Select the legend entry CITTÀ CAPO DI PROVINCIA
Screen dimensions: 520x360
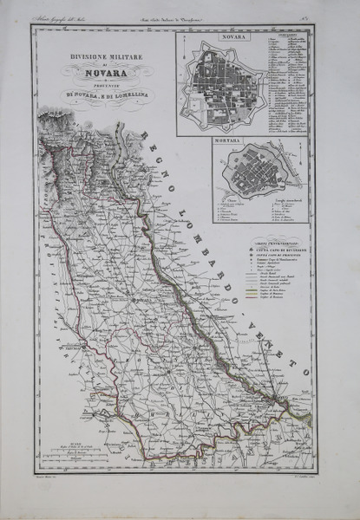pyautogui.click(x=264, y=256)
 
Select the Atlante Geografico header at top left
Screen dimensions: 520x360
pyautogui.click(x=69, y=17)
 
